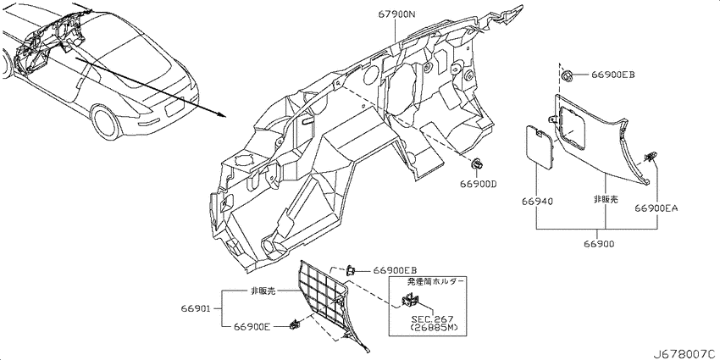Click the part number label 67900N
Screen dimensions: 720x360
396,14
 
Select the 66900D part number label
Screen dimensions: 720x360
479,184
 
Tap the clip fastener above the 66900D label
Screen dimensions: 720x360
478,164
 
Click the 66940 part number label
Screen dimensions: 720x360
537,201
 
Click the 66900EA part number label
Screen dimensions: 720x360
656,208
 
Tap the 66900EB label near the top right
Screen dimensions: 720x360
613,75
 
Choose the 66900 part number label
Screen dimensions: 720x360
599,244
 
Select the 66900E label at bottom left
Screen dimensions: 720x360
252,326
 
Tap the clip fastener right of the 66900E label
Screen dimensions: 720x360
293,325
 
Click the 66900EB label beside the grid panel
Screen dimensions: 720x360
395,270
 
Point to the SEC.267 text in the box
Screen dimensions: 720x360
432,318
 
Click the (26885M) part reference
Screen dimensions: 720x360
432,328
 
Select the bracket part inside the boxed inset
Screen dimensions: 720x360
410,300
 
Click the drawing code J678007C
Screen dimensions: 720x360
688,354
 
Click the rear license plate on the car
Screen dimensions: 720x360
174,108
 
